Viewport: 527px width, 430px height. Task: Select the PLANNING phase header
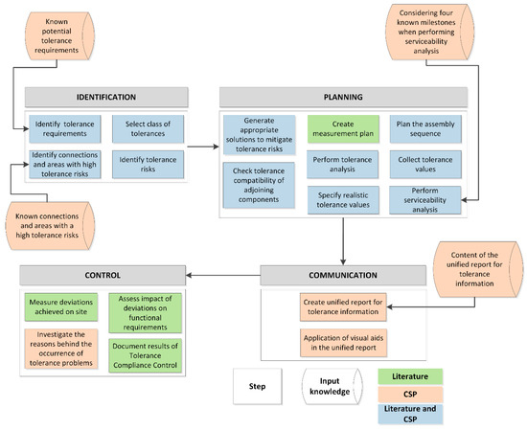335,99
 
